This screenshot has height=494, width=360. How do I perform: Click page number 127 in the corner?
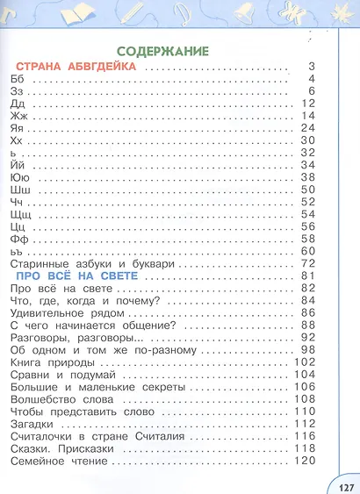(x=343, y=484)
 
